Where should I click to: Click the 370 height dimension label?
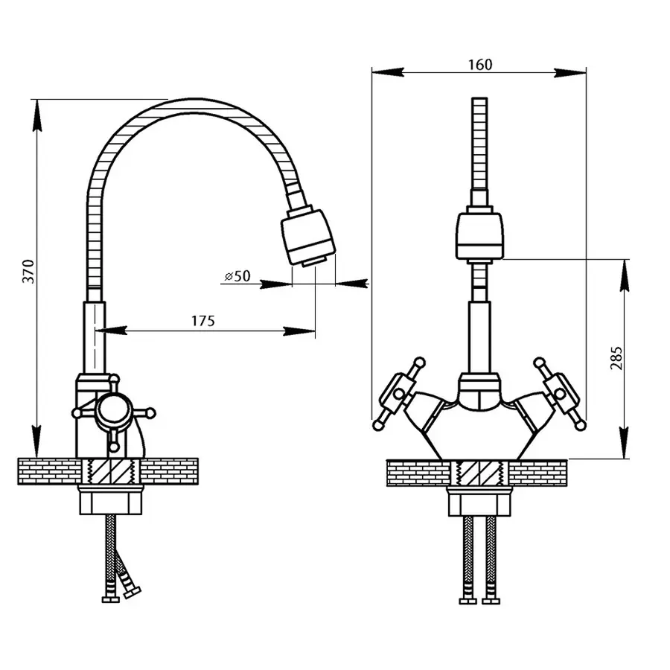click(28, 271)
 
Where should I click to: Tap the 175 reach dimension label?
click(203, 320)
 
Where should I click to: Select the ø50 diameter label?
click(237, 276)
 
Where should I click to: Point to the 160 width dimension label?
click(480, 65)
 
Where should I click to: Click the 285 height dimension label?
click(616, 358)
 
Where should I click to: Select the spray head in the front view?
click(479, 236)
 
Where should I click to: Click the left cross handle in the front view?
click(397, 394)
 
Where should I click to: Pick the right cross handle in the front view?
click(560, 394)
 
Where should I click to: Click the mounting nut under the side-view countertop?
click(110, 500)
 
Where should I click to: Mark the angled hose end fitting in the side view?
click(132, 593)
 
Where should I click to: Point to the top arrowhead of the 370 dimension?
click(38, 115)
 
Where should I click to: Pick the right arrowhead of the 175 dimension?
click(299, 331)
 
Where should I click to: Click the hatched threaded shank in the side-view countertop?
click(111, 471)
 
